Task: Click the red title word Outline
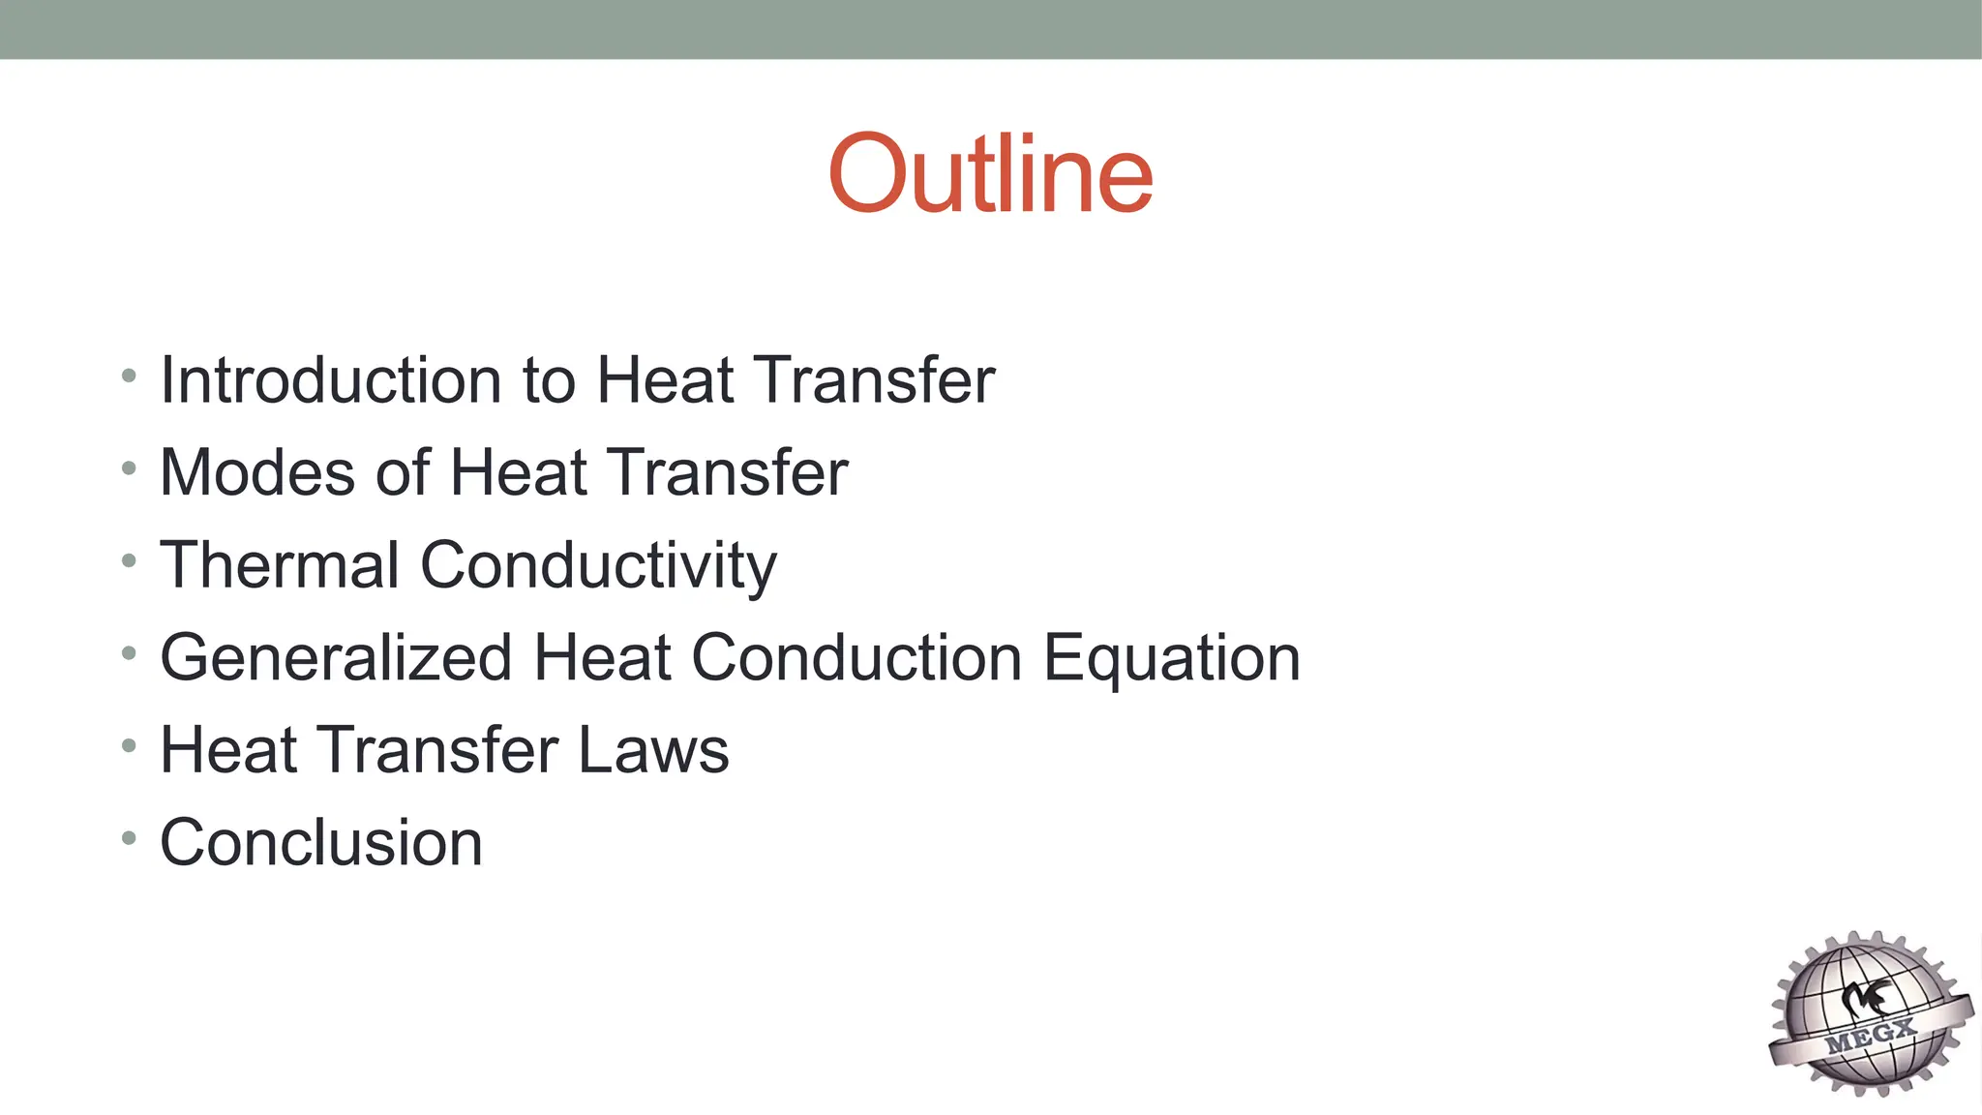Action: [x=990, y=173]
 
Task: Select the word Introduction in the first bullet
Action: [x=330, y=379]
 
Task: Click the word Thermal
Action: [x=279, y=564]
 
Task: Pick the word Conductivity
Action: [x=598, y=566]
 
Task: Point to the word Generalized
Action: [x=336, y=658]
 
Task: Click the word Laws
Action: [x=652, y=750]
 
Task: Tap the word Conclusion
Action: [x=320, y=842]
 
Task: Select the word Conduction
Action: [x=856, y=658]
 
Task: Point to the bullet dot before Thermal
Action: [x=129, y=560]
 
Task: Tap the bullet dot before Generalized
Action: [x=129, y=653]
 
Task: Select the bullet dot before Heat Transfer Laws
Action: [x=129, y=745]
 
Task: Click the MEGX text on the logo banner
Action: [x=1870, y=1037]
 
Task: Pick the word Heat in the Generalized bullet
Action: [x=601, y=658]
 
